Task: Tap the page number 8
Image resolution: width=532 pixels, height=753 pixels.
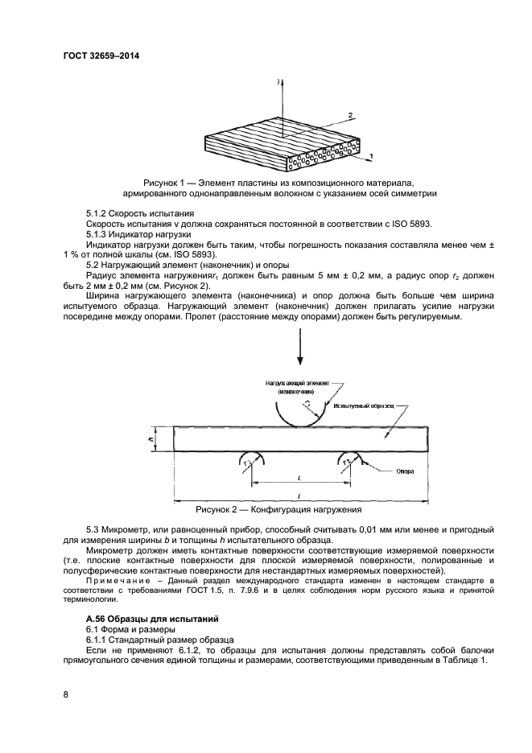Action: tap(65, 692)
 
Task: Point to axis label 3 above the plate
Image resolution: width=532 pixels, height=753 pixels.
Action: tap(277, 82)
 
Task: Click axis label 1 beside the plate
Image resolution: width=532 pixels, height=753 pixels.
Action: tap(369, 153)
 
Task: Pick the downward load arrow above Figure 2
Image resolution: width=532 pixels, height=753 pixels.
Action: tap(299, 347)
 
